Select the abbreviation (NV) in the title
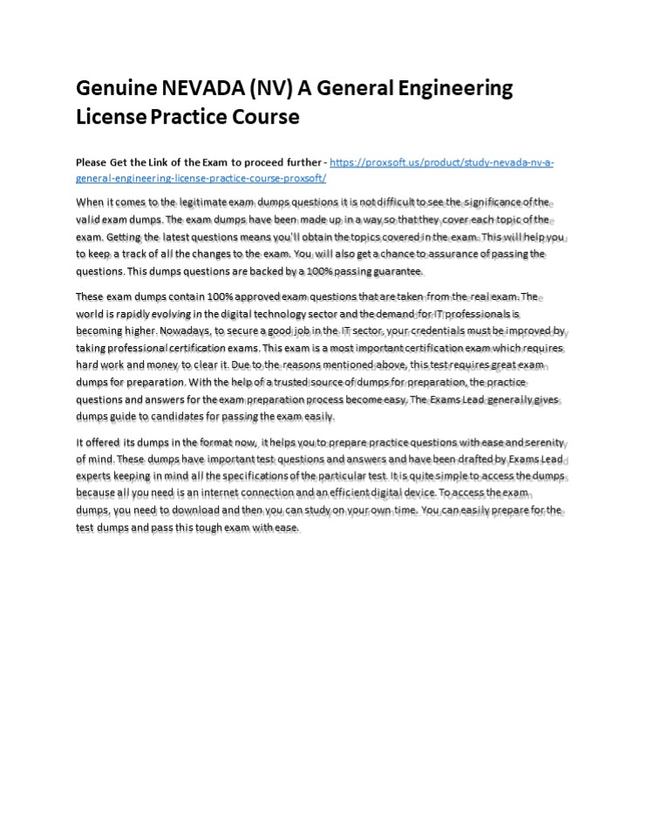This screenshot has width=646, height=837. pos(274,89)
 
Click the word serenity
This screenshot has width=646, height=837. pos(541,443)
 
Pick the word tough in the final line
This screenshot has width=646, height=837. pos(202,527)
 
